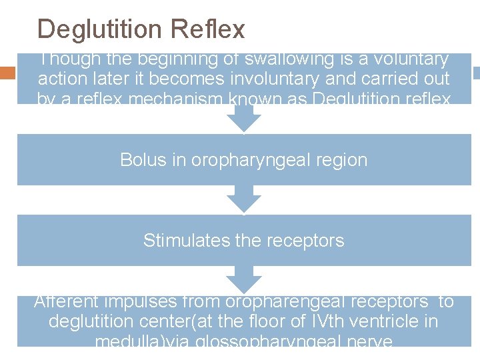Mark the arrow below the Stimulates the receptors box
coord(244,279)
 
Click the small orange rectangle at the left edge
coord(8,73)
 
